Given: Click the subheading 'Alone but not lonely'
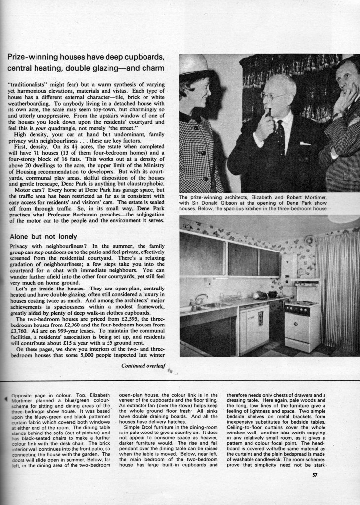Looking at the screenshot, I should coord(43,236).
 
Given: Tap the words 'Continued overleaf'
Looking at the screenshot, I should coord(144,366).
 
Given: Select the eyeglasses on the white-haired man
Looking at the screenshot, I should coord(274,96).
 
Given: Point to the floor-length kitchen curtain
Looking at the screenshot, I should coord(337,291).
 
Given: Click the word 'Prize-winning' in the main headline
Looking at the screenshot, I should coord(31,57).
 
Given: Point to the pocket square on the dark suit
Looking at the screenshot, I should coord(305,144).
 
